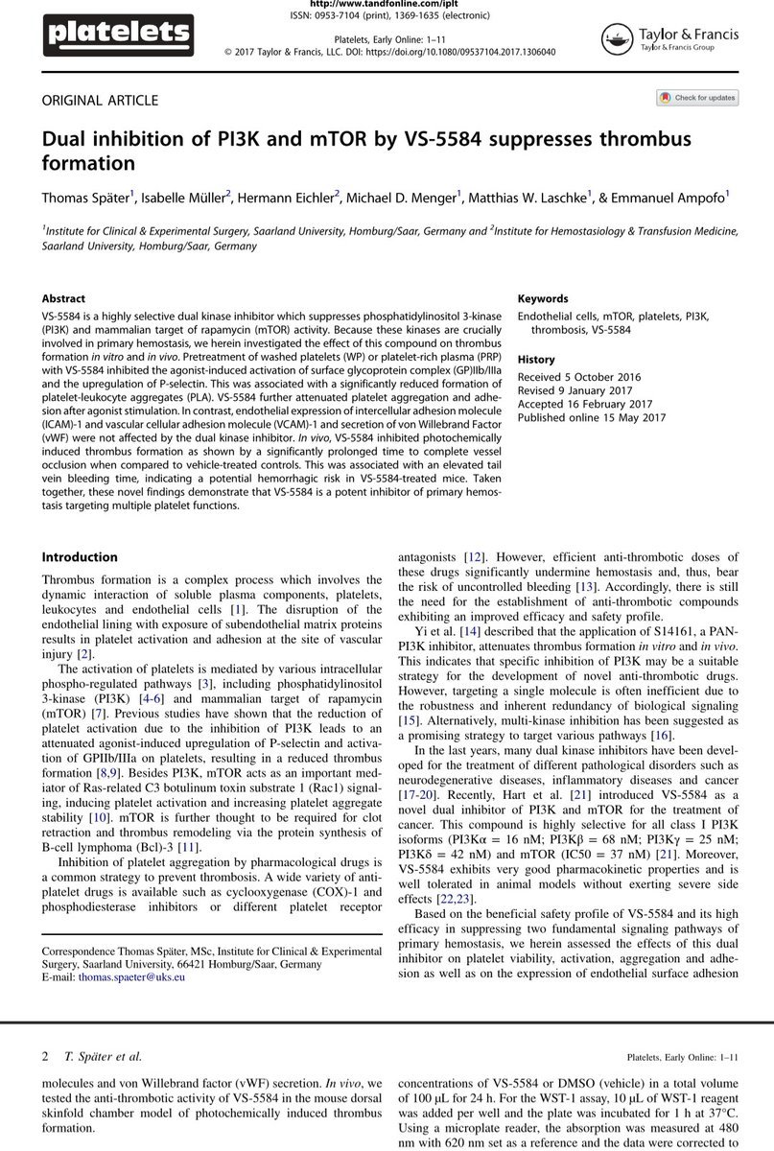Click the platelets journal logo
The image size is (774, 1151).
click(x=118, y=36)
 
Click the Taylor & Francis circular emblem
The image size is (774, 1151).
click(x=617, y=37)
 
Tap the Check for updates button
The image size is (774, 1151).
click(x=697, y=98)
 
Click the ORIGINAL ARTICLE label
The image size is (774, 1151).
click(x=99, y=101)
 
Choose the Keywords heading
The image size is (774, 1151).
click(x=543, y=298)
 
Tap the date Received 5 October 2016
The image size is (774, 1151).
click(x=579, y=376)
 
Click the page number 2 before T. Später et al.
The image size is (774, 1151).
click(x=45, y=1057)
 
